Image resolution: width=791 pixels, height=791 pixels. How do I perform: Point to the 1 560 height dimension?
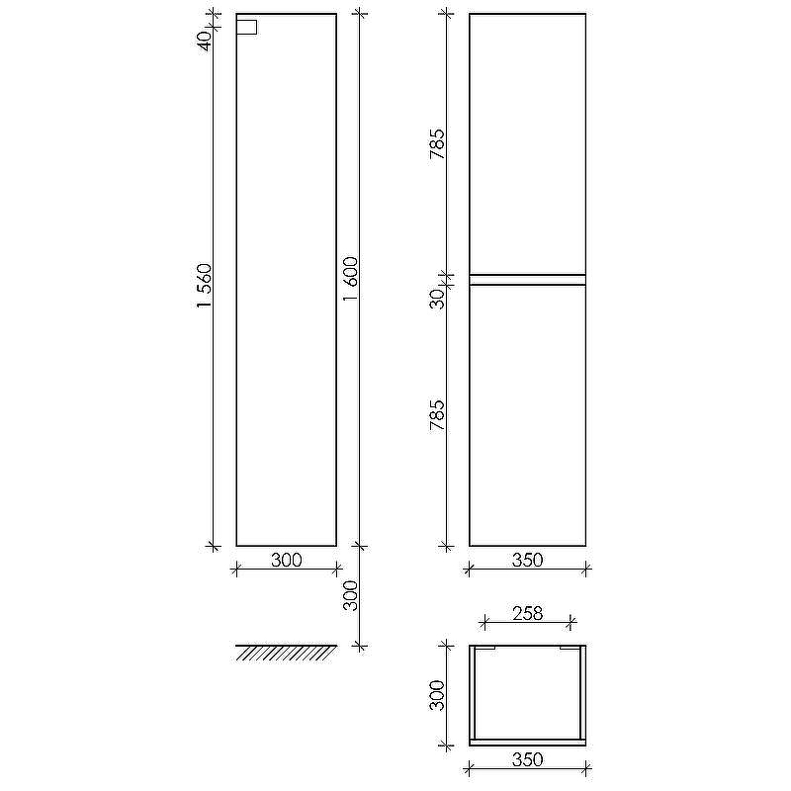pos(205,286)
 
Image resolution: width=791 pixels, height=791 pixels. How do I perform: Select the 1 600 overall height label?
pos(351,279)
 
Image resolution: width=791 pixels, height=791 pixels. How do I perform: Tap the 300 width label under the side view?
pos(287,560)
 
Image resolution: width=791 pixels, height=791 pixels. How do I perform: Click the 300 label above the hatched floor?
pos(351,595)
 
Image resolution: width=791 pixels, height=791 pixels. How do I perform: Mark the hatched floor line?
pos(286,653)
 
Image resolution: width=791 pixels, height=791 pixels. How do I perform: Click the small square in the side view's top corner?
pos(246,28)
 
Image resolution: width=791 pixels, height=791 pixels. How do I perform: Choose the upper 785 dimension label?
pos(437,144)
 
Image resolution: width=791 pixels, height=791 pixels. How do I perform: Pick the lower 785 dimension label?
pos(437,415)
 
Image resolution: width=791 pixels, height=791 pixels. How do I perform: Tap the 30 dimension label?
pos(437,299)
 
